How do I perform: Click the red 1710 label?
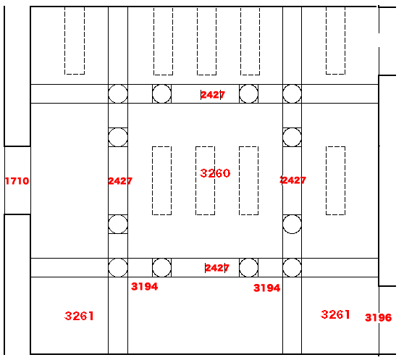[17, 181]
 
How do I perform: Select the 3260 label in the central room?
[215, 173]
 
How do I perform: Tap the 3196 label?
[378, 317]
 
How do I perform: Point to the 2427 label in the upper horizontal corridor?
[213, 95]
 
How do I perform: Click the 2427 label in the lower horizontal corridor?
[217, 268]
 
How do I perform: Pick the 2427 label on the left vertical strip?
[120, 181]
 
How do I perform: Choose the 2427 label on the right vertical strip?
[293, 180]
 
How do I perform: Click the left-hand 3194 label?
[144, 286]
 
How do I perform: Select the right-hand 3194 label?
[266, 288]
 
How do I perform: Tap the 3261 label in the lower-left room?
[79, 316]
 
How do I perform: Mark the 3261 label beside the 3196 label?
[335, 314]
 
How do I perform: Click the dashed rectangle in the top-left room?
[64, 41]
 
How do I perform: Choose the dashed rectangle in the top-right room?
[327, 41]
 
